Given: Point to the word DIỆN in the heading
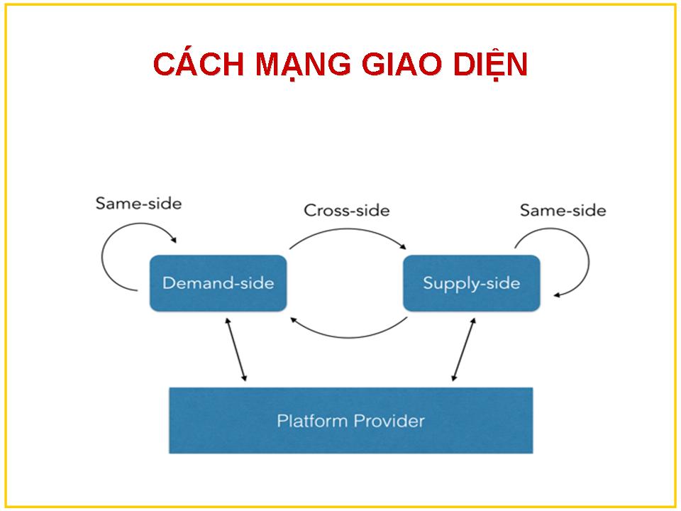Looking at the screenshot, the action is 490,63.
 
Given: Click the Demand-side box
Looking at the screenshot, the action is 218,283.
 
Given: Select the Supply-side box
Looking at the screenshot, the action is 471,283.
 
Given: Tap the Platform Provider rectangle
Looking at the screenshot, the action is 350,420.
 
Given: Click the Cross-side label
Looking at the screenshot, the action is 347,210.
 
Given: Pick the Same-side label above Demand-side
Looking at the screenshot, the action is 138,204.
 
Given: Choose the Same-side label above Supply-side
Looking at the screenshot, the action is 563,210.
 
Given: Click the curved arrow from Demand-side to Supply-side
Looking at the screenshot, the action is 348,229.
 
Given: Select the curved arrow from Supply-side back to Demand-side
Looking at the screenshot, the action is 349,337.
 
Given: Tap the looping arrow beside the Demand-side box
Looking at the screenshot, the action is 102,256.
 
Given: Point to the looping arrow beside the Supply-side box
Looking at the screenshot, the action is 589,260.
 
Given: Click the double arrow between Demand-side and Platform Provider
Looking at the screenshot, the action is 236,350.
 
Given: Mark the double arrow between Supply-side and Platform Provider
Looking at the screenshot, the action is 463,350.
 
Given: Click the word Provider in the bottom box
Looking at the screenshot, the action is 389,421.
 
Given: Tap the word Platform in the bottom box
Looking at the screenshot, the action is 313,421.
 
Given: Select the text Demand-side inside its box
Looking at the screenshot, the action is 218,283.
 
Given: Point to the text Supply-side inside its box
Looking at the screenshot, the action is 471,284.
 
